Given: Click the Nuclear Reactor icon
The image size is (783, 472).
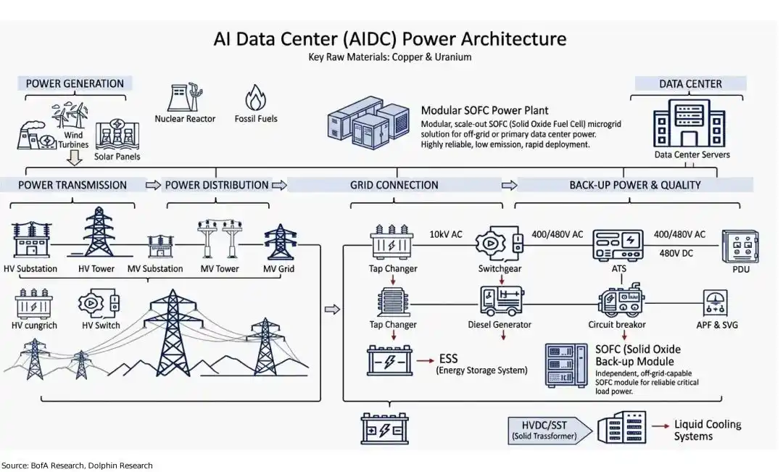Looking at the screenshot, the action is (x=186, y=97).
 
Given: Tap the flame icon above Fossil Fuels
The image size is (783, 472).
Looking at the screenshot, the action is (x=255, y=97).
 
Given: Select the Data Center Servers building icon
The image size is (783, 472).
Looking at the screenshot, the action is (x=689, y=123).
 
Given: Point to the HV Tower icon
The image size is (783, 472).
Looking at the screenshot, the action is (x=99, y=232).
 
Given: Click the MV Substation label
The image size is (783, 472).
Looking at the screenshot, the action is (x=155, y=269).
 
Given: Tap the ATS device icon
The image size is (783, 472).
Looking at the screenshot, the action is (x=618, y=245).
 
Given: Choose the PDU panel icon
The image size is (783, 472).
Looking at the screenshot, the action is (x=740, y=247).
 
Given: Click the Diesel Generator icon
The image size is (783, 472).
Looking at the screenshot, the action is (x=501, y=301).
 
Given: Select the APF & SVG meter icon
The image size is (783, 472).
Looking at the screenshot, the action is (x=715, y=302).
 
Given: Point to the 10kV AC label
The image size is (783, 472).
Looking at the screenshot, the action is (x=446, y=234).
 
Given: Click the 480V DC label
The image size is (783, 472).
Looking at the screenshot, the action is (x=676, y=253).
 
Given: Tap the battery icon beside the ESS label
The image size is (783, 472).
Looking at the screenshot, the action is (x=389, y=360).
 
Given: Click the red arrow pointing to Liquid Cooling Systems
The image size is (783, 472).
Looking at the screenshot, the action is (x=660, y=426).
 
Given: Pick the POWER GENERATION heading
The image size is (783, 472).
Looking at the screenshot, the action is (x=75, y=83).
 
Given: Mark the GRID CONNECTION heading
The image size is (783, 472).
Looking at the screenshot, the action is (x=394, y=185).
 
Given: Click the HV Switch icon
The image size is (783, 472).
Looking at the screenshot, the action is (x=99, y=303).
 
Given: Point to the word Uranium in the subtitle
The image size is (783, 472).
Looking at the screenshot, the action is (x=453, y=57).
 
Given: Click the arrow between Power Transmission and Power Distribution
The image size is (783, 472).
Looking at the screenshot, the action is (x=153, y=186).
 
